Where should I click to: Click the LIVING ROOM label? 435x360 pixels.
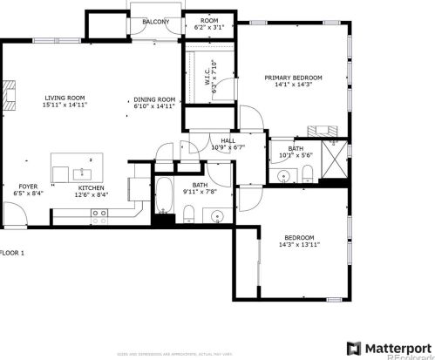pyautogui.click(x=66, y=98)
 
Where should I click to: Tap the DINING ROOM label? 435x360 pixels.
pyautogui.click(x=155, y=99)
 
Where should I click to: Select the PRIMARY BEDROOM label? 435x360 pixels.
pyautogui.click(x=294, y=78)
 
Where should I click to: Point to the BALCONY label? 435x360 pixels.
pyautogui.click(x=156, y=21)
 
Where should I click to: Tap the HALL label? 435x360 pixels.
pyautogui.click(x=228, y=139)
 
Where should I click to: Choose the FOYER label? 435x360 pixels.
pyautogui.click(x=29, y=187)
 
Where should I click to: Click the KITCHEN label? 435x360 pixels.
pyautogui.click(x=92, y=187)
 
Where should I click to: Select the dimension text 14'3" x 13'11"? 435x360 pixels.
pyautogui.click(x=299, y=246)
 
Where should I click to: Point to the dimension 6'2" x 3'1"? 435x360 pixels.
pyautogui.click(x=208, y=28)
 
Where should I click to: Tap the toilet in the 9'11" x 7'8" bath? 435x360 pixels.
pyautogui.click(x=188, y=215)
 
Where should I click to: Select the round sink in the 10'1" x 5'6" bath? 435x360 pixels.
pyautogui.click(x=285, y=177)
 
